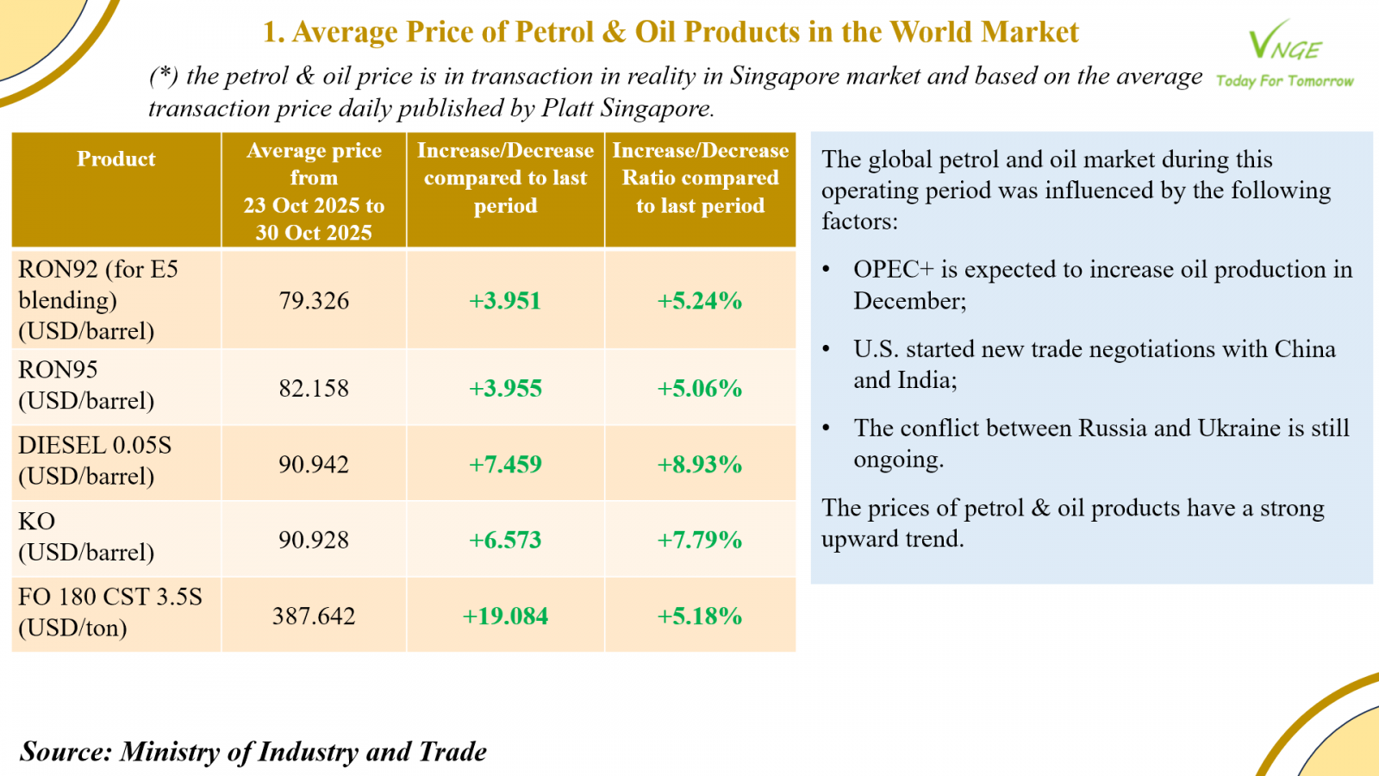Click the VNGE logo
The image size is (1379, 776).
click(x=1284, y=41)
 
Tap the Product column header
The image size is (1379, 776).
click(x=116, y=160)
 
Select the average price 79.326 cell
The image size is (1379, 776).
click(x=314, y=301)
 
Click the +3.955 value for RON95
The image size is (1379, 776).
click(x=505, y=388)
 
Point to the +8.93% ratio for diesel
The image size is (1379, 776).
click(x=700, y=465)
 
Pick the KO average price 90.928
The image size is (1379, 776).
click(x=314, y=541)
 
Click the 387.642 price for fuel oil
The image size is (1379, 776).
click(x=314, y=616)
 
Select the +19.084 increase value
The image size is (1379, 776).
click(x=505, y=616)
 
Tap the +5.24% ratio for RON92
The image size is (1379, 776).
click(x=700, y=301)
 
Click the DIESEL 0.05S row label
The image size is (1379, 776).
click(x=95, y=446)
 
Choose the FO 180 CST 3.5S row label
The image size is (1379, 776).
click(x=110, y=598)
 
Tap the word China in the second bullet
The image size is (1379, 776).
click(x=1305, y=349)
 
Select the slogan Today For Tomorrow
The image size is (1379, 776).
click(x=1284, y=81)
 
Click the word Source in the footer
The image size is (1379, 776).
click(x=66, y=752)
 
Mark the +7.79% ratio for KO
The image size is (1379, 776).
click(x=700, y=541)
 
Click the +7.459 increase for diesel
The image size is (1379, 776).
click(x=505, y=465)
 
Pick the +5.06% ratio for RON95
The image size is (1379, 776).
click(x=700, y=388)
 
